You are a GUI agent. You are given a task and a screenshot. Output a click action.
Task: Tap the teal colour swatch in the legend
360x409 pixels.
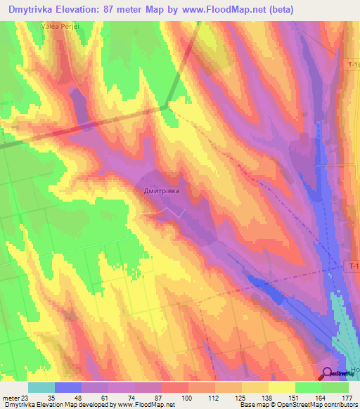tap(41, 387)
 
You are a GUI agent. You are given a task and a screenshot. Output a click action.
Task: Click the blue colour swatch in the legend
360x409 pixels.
tap(68, 387)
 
